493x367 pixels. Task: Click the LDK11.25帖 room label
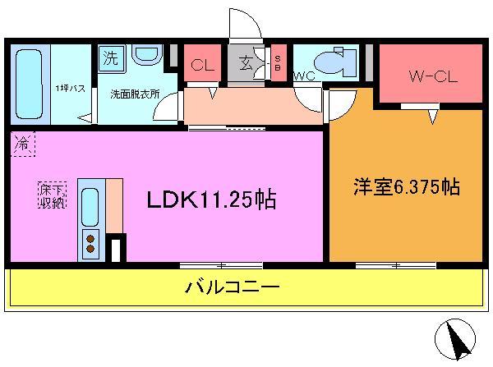coord(211,200)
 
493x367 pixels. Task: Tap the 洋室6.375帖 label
coord(406,187)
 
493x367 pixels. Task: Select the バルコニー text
coord(233,288)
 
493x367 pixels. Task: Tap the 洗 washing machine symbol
coord(109,58)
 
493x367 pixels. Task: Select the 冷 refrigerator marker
coord(23,146)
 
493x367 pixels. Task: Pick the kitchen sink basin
coord(90,205)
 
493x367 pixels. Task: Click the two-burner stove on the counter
coord(90,241)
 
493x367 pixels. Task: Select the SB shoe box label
coord(278,62)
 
